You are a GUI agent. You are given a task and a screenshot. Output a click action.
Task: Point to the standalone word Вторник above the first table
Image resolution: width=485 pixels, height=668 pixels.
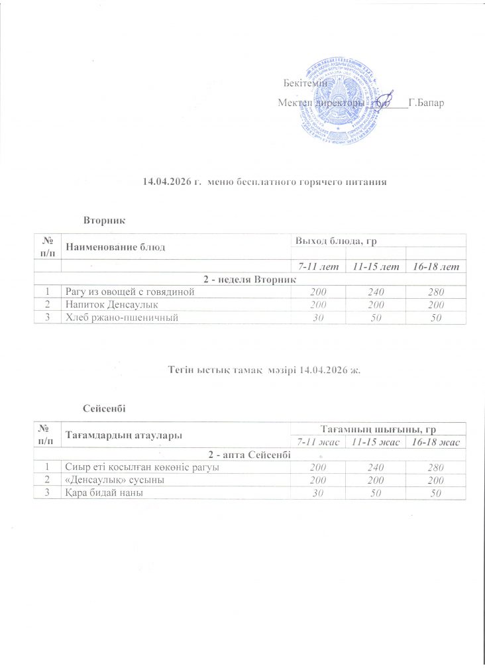[x=104, y=218]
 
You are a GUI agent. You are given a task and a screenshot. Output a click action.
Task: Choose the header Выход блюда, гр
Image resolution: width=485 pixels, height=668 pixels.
[x=331, y=239]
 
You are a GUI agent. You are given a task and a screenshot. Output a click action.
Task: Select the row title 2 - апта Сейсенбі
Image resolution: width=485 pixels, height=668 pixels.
[x=249, y=455]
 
